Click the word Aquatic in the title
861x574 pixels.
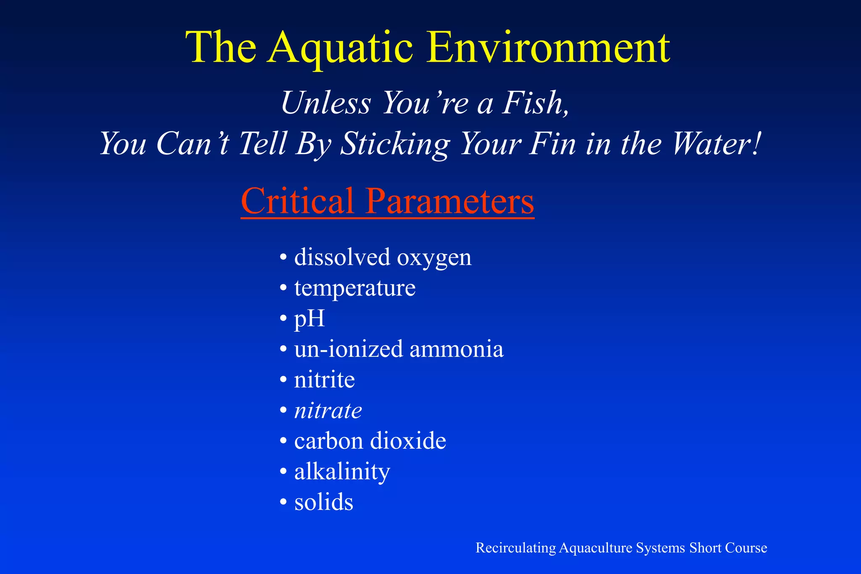tap(341, 48)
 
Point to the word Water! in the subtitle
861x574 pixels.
tap(717, 144)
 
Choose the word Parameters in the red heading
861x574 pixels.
tap(449, 201)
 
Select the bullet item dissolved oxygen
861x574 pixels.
tap(383, 257)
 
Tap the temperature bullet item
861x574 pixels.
tap(354, 288)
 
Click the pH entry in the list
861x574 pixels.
tap(309, 319)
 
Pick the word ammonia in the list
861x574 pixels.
tap(456, 349)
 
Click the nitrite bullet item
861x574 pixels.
tap(324, 380)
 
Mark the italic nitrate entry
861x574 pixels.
tap(328, 411)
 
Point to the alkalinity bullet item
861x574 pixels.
tap(342, 472)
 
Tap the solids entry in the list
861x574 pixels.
tap(324, 503)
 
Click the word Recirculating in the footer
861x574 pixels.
tap(515, 548)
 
